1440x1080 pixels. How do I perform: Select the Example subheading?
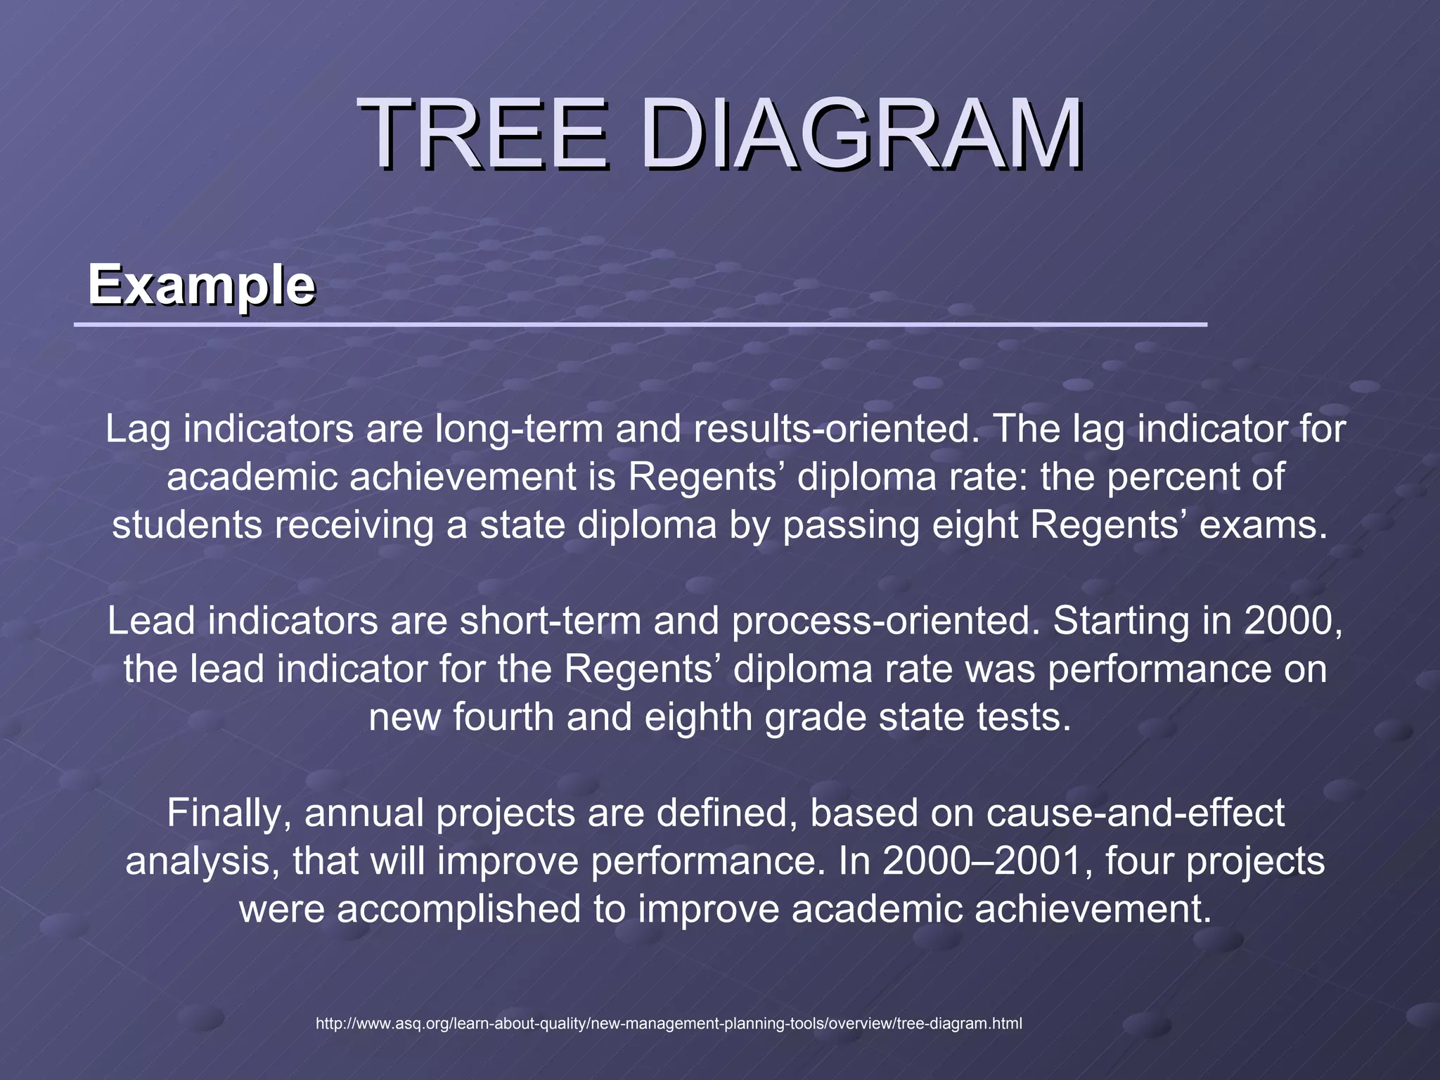point(201,285)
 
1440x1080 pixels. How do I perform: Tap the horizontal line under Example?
point(640,325)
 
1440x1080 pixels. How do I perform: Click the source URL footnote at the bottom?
point(669,1024)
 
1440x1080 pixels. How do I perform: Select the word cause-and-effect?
point(1135,814)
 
